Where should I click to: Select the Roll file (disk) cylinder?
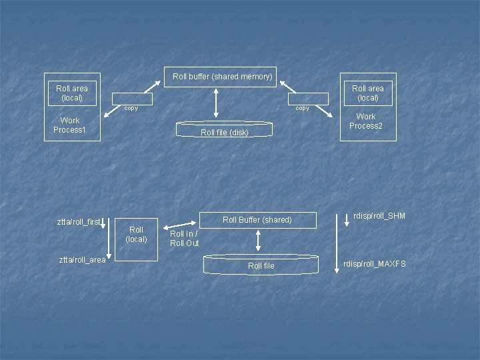224,130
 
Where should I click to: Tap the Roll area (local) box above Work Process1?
72,93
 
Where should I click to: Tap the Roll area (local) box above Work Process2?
368,93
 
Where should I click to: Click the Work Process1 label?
70,125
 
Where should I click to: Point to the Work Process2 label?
366,121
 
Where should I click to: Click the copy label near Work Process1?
131,109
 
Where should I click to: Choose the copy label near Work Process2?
302,109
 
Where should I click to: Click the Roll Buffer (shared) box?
257,220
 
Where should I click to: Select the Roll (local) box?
137,235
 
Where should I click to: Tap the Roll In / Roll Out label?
185,239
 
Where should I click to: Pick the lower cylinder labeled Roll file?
261,265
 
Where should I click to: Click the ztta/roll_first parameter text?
79,222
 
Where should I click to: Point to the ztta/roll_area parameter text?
82,260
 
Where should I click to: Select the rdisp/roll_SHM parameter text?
379,216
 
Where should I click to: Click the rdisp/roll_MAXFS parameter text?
375,264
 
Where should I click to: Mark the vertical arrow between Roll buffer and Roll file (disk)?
216,103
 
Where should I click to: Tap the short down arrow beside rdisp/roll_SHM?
347,219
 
